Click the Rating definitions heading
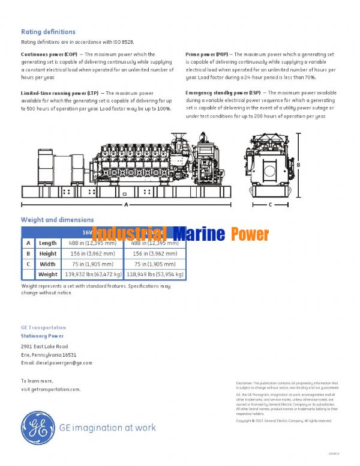click(x=48, y=31)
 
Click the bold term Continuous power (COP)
click(x=45, y=55)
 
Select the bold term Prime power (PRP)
click(x=206, y=55)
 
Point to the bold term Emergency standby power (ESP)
click(x=223, y=93)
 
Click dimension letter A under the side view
click(x=126, y=205)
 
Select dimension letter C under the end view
click(x=270, y=205)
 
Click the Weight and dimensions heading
click(x=57, y=220)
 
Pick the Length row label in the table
click(x=48, y=243)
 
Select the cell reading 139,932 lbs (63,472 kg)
click(x=89, y=274)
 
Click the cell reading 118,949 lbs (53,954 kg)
click(x=154, y=274)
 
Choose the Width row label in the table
click(x=48, y=264)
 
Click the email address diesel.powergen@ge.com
click(x=56, y=363)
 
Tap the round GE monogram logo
click(x=38, y=428)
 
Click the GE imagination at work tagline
click(x=108, y=428)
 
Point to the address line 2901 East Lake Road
click(x=44, y=346)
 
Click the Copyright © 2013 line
click(x=283, y=421)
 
